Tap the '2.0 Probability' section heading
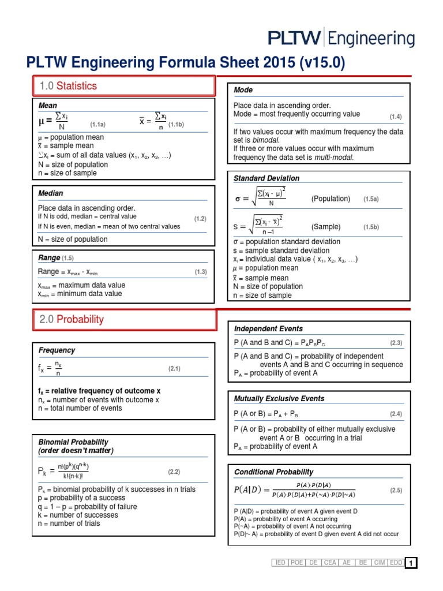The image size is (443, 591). coord(72,319)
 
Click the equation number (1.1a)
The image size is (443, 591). coord(97,124)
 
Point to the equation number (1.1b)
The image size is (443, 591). coord(175,124)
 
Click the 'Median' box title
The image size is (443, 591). coord(51,193)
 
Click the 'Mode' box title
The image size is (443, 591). coord(243,90)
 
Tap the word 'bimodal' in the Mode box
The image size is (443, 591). coord(266,140)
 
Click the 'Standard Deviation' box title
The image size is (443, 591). coord(266,178)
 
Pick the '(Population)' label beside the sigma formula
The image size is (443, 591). coord(331,199)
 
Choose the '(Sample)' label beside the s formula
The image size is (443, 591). coord(326,227)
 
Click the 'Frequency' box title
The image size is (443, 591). coord(57,350)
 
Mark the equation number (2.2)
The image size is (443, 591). coord(174,472)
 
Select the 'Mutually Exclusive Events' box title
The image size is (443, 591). coord(279,399)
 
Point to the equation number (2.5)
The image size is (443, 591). coord(396,490)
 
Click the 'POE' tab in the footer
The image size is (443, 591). coord(297,563)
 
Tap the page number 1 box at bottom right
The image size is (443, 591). coord(411,563)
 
